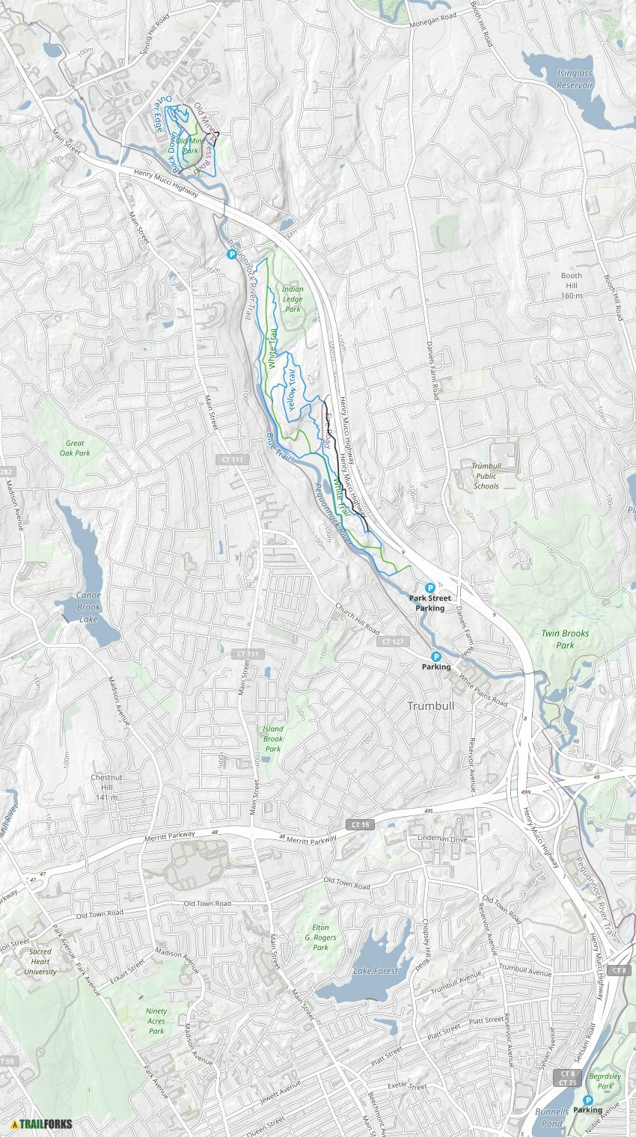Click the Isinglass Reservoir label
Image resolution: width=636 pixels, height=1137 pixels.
[x=575, y=79]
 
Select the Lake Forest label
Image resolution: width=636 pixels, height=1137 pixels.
[x=376, y=971]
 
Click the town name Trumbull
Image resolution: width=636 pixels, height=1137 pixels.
[x=430, y=705]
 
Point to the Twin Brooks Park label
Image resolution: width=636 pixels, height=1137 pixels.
[x=565, y=639]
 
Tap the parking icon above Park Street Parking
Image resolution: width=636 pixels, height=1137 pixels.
[x=430, y=588]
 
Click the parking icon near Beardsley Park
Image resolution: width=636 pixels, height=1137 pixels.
[x=588, y=1100]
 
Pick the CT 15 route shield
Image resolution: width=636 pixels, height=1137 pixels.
[x=360, y=824]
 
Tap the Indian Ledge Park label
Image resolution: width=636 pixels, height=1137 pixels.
[x=293, y=299]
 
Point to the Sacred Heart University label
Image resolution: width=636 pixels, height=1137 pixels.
[x=40, y=962]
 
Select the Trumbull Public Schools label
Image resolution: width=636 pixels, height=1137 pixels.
[x=486, y=476]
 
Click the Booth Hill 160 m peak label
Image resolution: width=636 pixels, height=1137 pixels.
[x=572, y=285]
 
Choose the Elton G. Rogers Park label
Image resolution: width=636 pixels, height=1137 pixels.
[x=320, y=937]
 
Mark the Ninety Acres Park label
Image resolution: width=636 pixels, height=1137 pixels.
[x=156, y=1021]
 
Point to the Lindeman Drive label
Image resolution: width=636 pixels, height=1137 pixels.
[x=442, y=839]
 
